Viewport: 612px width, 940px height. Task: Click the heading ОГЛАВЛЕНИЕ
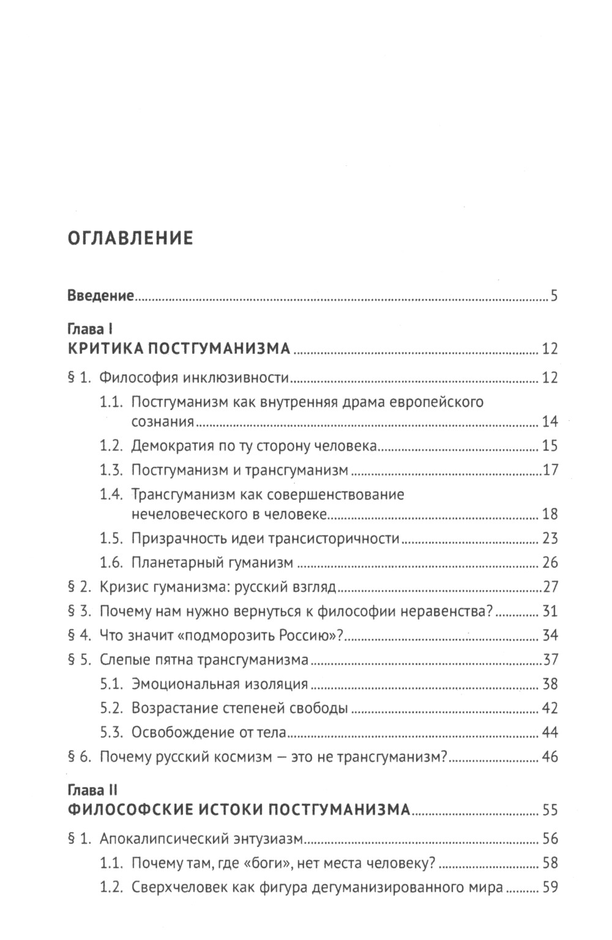130,237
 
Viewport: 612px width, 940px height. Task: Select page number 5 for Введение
553,297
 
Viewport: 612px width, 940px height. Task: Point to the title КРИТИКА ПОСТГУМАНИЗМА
179,349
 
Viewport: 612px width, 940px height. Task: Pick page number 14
550,422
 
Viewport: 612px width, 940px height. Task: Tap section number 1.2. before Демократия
113,446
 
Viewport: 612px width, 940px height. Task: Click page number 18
550,514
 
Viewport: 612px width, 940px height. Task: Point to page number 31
550,611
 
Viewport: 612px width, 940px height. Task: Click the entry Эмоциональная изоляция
219,684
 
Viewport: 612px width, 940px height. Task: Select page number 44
550,733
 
